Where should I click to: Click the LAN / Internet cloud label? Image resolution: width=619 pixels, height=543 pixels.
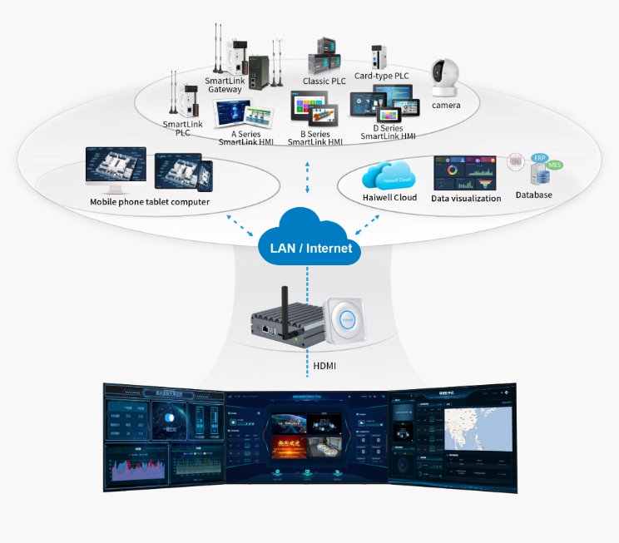tap(310, 248)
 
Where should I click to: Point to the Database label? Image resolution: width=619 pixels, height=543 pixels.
tap(533, 195)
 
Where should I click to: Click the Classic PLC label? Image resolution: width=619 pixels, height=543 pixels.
tap(324, 81)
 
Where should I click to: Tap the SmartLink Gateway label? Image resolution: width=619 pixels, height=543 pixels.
tap(225, 85)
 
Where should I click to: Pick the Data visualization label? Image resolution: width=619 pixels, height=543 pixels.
tap(466, 199)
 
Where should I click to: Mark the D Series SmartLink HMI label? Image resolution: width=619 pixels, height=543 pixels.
tap(388, 132)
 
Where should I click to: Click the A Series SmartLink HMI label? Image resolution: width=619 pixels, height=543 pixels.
tap(246, 137)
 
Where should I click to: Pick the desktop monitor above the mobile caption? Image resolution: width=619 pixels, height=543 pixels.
tap(116, 169)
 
